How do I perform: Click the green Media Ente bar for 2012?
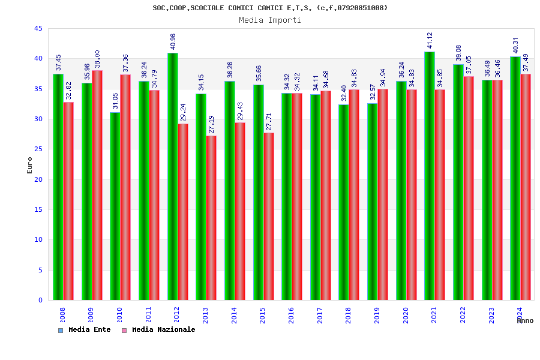172,176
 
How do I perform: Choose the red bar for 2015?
268,216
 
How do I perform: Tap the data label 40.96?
173,41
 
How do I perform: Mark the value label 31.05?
115,101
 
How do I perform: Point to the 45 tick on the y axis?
38,29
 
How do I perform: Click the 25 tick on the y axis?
38,149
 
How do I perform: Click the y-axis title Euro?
30,165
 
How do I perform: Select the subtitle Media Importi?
270,20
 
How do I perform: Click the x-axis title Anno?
525,320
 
